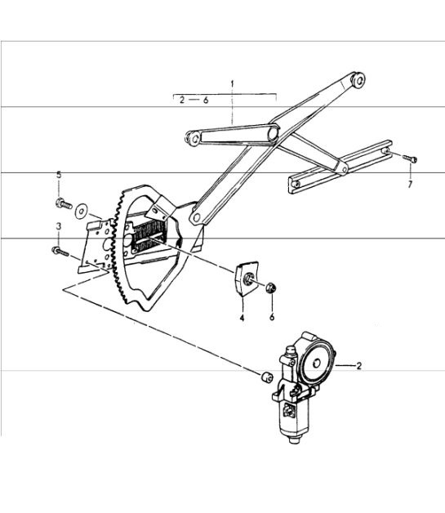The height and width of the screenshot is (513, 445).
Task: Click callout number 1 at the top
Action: point(231,84)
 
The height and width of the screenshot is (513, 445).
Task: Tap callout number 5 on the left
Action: point(59,175)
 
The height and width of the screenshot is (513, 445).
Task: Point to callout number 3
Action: point(59,225)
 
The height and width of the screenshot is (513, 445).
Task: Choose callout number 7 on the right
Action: point(410,185)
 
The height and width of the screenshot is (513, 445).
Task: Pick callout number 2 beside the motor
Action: point(358,367)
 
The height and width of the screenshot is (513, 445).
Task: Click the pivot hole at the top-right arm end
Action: point(358,79)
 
